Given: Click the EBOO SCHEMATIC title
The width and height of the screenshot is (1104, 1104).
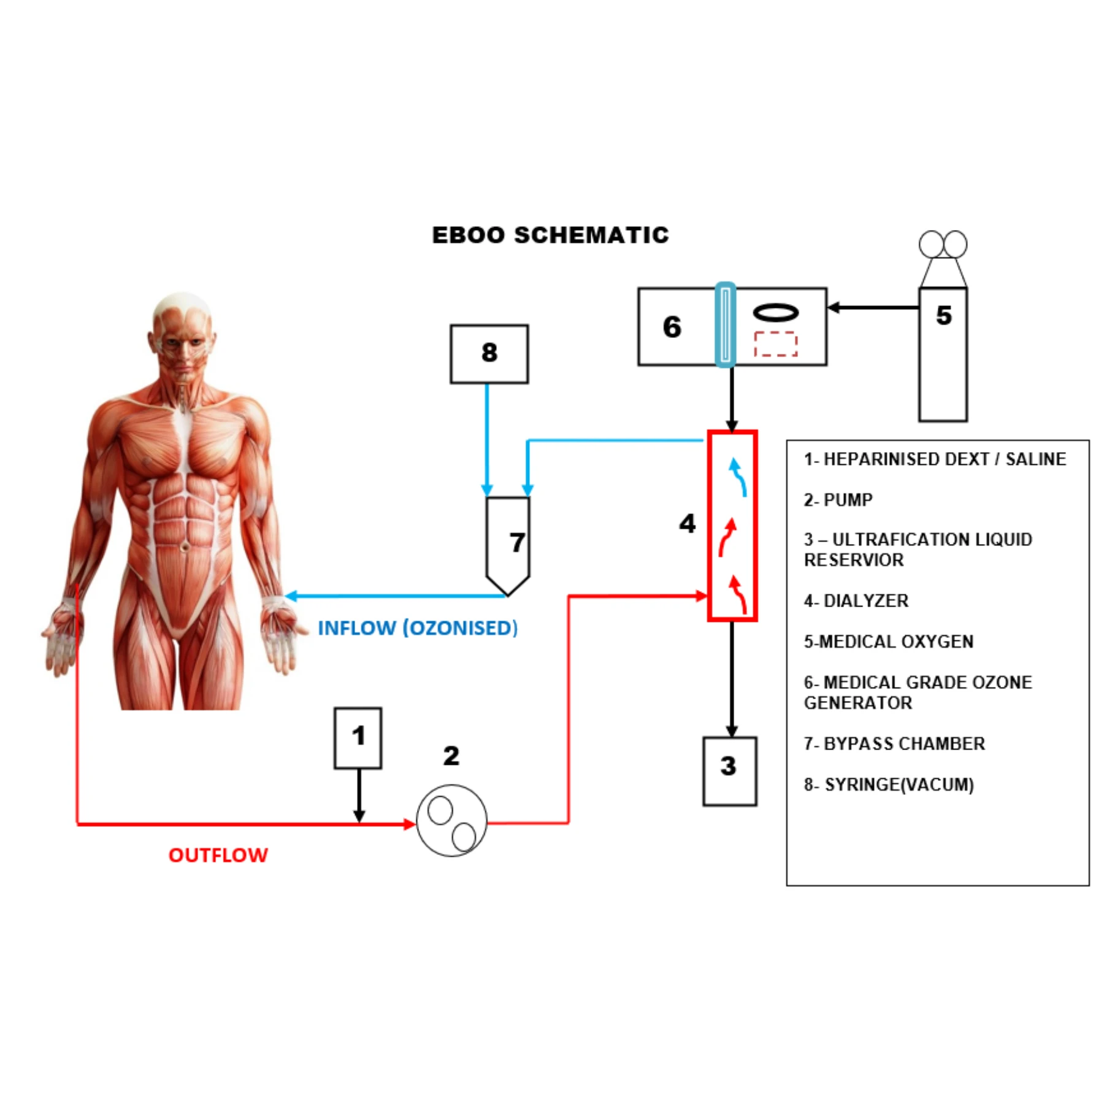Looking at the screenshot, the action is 550,235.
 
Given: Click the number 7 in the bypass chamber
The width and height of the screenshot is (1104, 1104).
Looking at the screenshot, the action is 517,542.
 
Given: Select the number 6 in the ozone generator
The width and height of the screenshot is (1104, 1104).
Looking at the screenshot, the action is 672,327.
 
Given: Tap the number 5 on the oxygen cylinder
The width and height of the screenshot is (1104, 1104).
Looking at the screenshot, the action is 944,315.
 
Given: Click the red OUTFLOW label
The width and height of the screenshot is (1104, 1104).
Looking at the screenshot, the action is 218,855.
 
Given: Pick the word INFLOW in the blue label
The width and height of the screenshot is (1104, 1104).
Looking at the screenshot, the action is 357,628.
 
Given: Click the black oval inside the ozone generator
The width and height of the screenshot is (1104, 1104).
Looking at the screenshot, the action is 776,305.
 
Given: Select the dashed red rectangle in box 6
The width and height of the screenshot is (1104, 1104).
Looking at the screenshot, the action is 776,333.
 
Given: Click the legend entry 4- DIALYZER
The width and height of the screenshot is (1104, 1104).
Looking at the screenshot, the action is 856,600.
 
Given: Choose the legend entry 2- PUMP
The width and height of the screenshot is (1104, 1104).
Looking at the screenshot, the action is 838,500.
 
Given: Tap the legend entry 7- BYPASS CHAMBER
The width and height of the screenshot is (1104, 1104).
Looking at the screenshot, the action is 894,743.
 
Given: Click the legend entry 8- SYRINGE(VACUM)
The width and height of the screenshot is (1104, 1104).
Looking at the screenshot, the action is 889,784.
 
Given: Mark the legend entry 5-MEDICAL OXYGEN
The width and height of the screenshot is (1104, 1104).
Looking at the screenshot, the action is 889,642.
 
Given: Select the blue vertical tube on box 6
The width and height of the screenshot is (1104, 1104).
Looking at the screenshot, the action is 726,324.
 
